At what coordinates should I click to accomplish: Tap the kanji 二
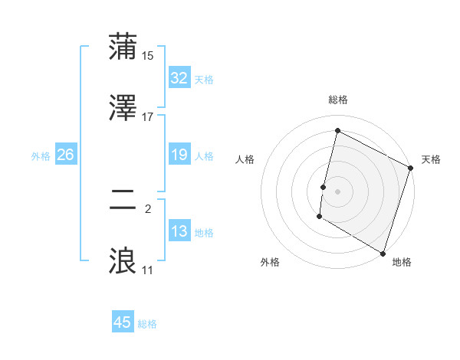pos(123,201)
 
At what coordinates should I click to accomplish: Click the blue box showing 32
pos(179,78)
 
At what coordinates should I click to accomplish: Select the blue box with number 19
pos(179,155)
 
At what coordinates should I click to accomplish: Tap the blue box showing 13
pos(179,231)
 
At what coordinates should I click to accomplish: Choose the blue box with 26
pos(65,155)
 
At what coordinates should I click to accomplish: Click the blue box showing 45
pos(123,322)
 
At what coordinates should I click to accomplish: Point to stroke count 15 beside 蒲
pos(148,56)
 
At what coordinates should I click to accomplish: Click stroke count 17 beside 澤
pos(148,116)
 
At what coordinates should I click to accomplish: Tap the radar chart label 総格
pos(338,100)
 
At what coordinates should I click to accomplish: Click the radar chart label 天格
pos(431,159)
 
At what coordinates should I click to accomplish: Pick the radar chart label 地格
pos(402,262)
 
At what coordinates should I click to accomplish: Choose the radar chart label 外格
pos(270,262)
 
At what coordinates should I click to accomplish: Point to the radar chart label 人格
pos(245,159)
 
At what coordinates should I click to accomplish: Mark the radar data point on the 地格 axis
pos(383,252)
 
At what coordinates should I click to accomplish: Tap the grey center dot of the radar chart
pos(338,191)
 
